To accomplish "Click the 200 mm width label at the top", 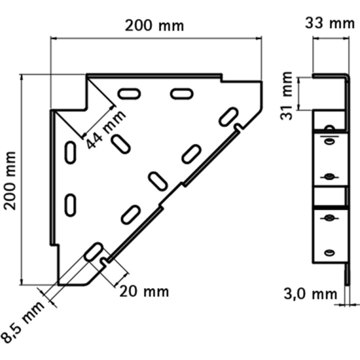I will [x=154, y=25].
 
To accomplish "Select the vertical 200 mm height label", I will [x=10, y=179].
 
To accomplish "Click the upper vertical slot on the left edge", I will [x=70, y=152].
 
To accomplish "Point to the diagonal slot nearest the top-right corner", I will [x=228, y=116].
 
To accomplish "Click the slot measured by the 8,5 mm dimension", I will [x=93, y=252].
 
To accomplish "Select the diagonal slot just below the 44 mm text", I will [x=121, y=143].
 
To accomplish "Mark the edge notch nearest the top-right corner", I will [x=238, y=127].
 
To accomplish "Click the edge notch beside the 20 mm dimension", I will [x=104, y=260].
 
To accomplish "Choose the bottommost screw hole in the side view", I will [x=329, y=252].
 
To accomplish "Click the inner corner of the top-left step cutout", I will [x=88, y=109].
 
